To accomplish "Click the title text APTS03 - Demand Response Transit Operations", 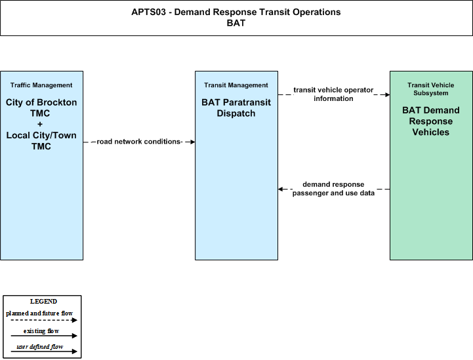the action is click(236, 12).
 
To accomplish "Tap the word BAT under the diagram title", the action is click(236, 23).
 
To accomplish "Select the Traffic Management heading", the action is click(41, 85).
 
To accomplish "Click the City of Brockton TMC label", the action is click(41, 108).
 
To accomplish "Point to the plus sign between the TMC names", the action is click(40, 124).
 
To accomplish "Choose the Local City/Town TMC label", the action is click(41, 140).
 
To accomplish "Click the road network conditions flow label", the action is click(139, 142).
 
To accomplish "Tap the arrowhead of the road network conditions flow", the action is click(192, 142).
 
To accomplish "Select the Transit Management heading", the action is click(236, 85).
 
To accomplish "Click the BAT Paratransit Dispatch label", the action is click(236, 108).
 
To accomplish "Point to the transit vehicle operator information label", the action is click(333, 94).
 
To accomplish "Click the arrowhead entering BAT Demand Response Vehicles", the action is click(387, 94).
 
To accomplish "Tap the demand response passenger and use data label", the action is click(333, 188).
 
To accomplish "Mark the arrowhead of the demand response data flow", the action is click(281, 189).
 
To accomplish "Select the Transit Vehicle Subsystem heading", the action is click(431, 89).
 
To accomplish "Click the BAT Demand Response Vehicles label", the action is click(431, 121).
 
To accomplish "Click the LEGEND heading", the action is click(43, 301).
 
